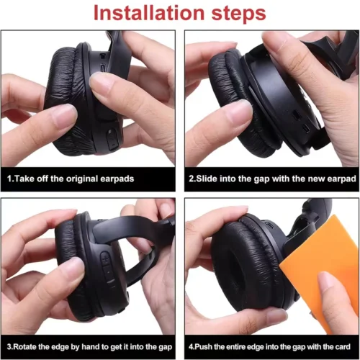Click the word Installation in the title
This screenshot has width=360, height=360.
(149, 13)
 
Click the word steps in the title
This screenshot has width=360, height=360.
(238, 14)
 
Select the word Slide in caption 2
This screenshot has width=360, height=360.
(207, 179)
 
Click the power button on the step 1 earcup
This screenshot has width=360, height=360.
(112, 140)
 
